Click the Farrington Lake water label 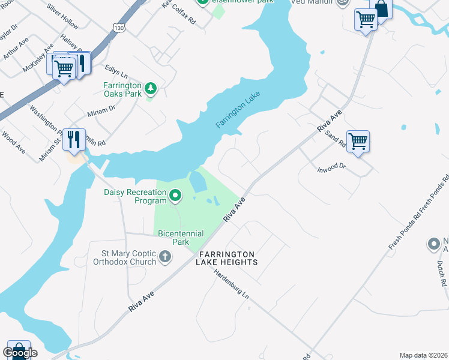pos(239,109)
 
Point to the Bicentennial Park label pos(181,238)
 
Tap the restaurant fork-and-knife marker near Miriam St pos(74,140)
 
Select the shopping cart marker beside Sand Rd pos(358,142)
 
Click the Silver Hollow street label pos(62,18)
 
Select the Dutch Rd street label pos(442,274)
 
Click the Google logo pos(20,353)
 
